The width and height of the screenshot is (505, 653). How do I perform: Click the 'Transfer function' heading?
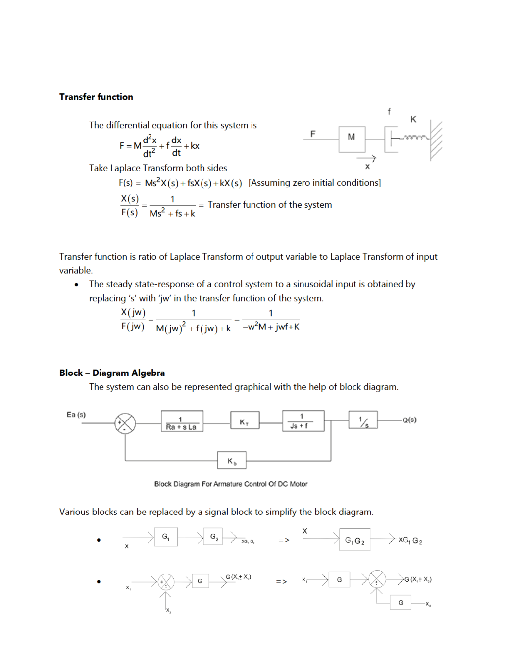pyautogui.click(x=96, y=97)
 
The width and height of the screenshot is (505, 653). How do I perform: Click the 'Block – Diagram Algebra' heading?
pyautogui.click(x=112, y=373)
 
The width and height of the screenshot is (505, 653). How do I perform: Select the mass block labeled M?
pyautogui.click(x=352, y=139)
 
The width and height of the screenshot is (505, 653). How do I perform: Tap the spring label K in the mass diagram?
pyautogui.click(x=413, y=119)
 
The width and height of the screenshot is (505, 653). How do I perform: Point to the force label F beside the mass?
pyautogui.click(x=313, y=134)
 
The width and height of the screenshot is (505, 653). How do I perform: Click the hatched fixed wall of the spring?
pyautogui.click(x=436, y=140)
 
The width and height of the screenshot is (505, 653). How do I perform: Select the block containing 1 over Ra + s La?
pyautogui.click(x=182, y=421)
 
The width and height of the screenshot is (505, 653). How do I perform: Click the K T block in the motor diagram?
pyautogui.click(x=245, y=421)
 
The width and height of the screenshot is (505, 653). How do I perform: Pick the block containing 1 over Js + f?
pyautogui.click(x=303, y=421)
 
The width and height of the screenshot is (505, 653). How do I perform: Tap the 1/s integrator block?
pyautogui.click(x=363, y=420)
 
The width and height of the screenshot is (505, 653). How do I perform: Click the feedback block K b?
pyautogui.click(x=232, y=460)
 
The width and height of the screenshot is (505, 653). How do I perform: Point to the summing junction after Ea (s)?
pyautogui.click(x=125, y=423)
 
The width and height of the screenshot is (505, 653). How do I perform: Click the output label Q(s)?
pyautogui.click(x=409, y=420)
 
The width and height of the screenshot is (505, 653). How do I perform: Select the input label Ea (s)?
pyautogui.click(x=76, y=415)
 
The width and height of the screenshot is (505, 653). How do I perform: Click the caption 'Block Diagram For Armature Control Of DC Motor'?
pyautogui.click(x=231, y=484)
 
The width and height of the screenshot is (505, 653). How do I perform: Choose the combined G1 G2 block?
pyautogui.click(x=354, y=540)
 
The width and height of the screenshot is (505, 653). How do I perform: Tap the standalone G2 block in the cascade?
pyautogui.click(x=214, y=536)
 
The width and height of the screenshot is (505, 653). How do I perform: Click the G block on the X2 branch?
pyautogui.click(x=401, y=603)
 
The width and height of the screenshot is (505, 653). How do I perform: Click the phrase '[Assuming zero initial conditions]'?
pyautogui.click(x=314, y=183)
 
